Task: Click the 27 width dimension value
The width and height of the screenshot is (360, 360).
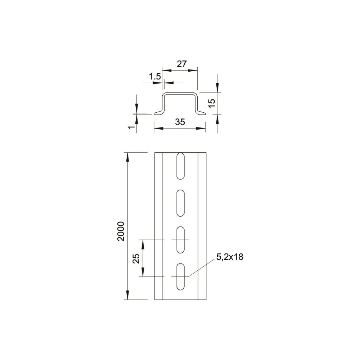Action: coord(181,64)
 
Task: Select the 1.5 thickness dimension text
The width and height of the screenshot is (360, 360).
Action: coord(155,76)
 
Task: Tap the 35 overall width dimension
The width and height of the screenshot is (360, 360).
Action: coord(180,122)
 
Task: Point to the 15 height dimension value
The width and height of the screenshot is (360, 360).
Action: coord(212,103)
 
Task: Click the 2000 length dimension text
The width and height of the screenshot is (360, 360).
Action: coord(121,231)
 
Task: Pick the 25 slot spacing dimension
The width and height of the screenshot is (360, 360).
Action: coord(136,258)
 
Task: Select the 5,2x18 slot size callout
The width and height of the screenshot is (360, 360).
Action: coord(230,257)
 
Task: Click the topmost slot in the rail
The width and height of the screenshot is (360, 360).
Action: coord(181,166)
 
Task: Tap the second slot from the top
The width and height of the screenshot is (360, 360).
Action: coord(181,203)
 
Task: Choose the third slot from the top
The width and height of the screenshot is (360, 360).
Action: coord(181,240)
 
